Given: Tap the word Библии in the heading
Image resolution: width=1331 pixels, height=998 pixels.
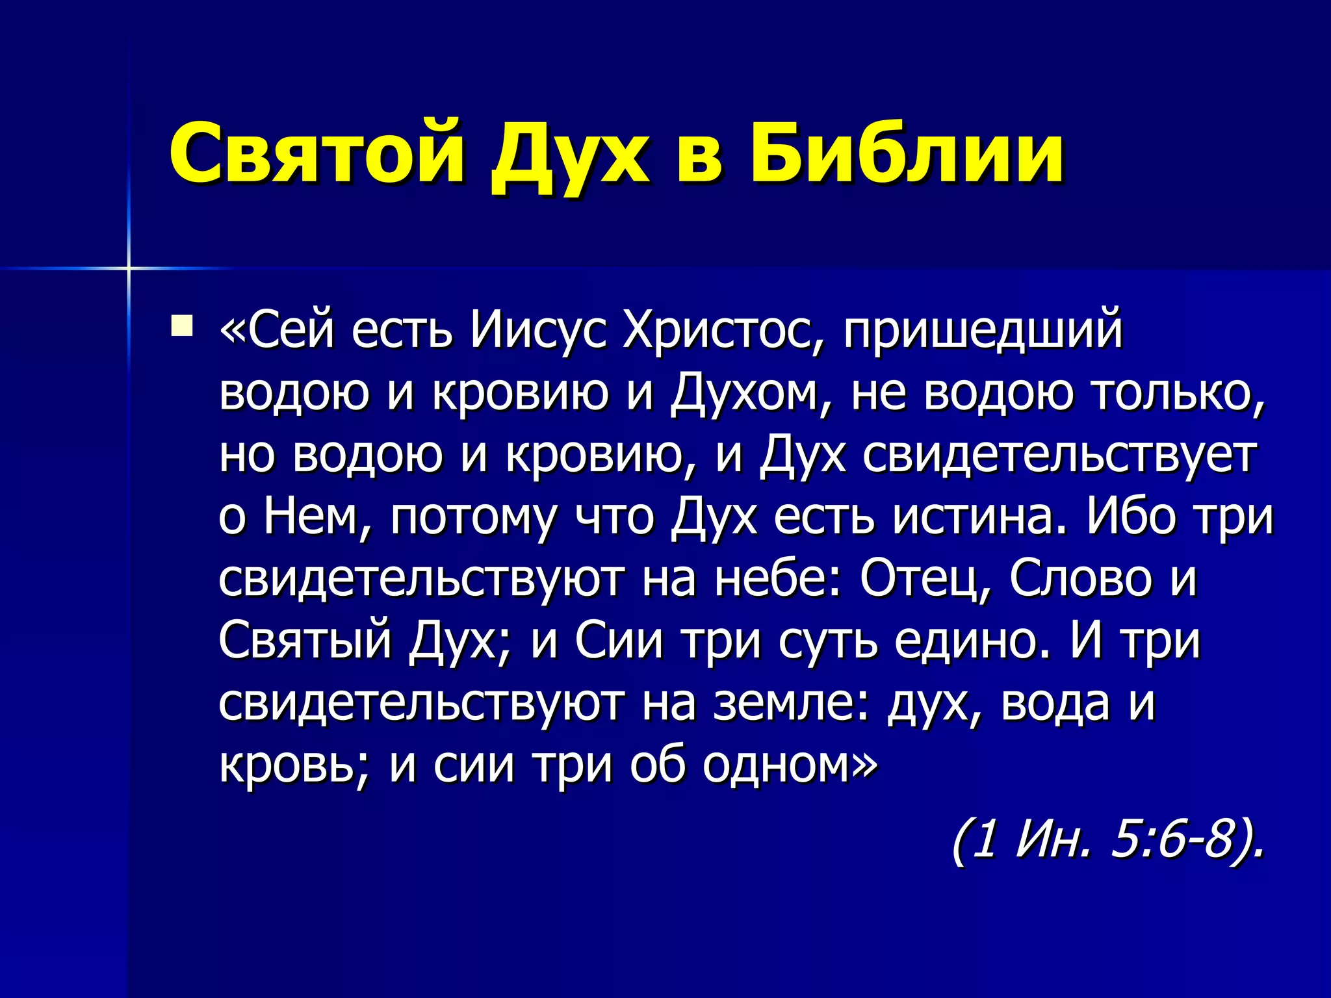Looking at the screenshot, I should [x=907, y=153].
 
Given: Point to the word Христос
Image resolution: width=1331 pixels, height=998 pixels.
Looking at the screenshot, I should [x=725, y=331].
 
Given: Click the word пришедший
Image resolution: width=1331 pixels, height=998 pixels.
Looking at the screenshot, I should [x=983, y=331].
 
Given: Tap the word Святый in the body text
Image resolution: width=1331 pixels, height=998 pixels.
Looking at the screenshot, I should [x=305, y=641].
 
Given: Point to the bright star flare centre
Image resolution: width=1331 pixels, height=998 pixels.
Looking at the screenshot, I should [x=129, y=268].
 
